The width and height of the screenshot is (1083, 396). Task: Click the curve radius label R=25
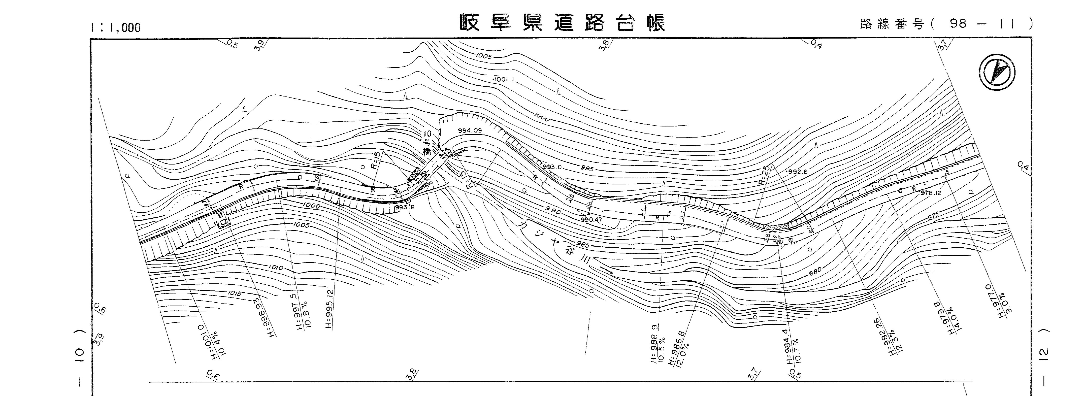pyautogui.click(x=764, y=175)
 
